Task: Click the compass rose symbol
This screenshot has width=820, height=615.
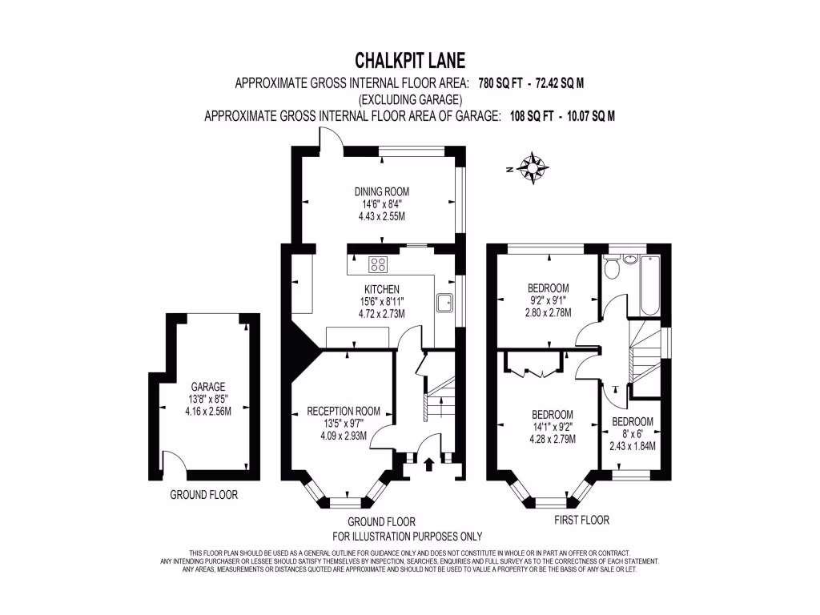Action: (533, 168)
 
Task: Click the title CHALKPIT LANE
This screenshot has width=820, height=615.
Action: (409, 61)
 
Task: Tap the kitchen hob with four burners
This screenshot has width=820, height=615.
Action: (378, 263)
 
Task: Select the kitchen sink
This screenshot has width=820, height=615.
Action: (444, 303)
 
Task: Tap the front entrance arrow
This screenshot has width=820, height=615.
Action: (429, 462)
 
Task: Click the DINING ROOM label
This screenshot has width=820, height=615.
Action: (382, 191)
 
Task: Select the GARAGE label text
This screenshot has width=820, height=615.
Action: (207, 386)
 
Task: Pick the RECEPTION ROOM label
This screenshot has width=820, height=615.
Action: (342, 412)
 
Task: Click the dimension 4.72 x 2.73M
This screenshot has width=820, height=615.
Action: (382, 314)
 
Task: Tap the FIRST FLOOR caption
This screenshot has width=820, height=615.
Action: (581, 520)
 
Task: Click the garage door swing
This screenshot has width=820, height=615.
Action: (172, 462)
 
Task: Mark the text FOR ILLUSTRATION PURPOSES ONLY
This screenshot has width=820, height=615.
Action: (407, 536)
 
